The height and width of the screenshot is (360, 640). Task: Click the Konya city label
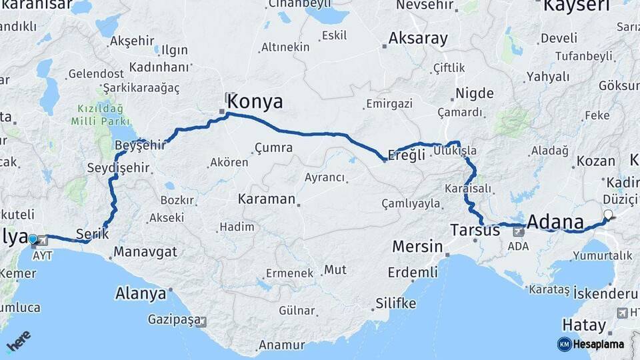click(x=255, y=102)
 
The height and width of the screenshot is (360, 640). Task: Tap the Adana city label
click(x=555, y=221)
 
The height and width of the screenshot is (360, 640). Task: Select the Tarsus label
click(x=475, y=231)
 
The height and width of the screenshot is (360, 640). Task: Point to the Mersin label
click(x=417, y=247)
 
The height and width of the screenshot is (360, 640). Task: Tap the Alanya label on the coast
click(x=141, y=293)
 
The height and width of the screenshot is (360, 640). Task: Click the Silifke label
click(x=395, y=303)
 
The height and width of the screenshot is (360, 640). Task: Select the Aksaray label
click(x=418, y=39)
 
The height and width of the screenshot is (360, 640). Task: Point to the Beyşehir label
click(x=139, y=145)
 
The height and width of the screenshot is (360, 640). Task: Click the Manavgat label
click(x=145, y=252)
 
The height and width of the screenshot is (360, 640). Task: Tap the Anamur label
click(x=281, y=345)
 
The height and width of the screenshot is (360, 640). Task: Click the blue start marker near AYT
click(x=33, y=239)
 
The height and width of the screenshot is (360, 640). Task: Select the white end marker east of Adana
click(x=607, y=215)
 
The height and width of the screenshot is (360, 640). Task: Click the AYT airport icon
click(x=44, y=240)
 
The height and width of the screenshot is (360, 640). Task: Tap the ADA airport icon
click(x=517, y=233)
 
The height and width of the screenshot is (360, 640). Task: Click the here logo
click(x=19, y=341)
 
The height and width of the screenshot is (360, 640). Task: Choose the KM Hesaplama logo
click(x=591, y=344)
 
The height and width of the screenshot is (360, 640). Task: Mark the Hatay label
click(x=583, y=326)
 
